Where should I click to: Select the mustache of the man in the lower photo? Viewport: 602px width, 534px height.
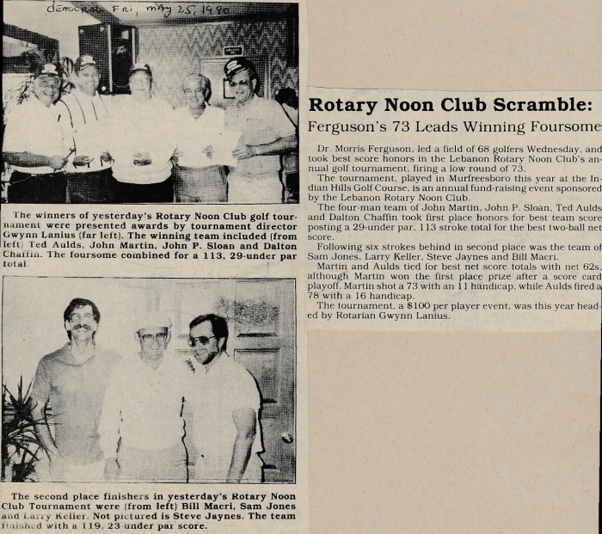click(x=81, y=328)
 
